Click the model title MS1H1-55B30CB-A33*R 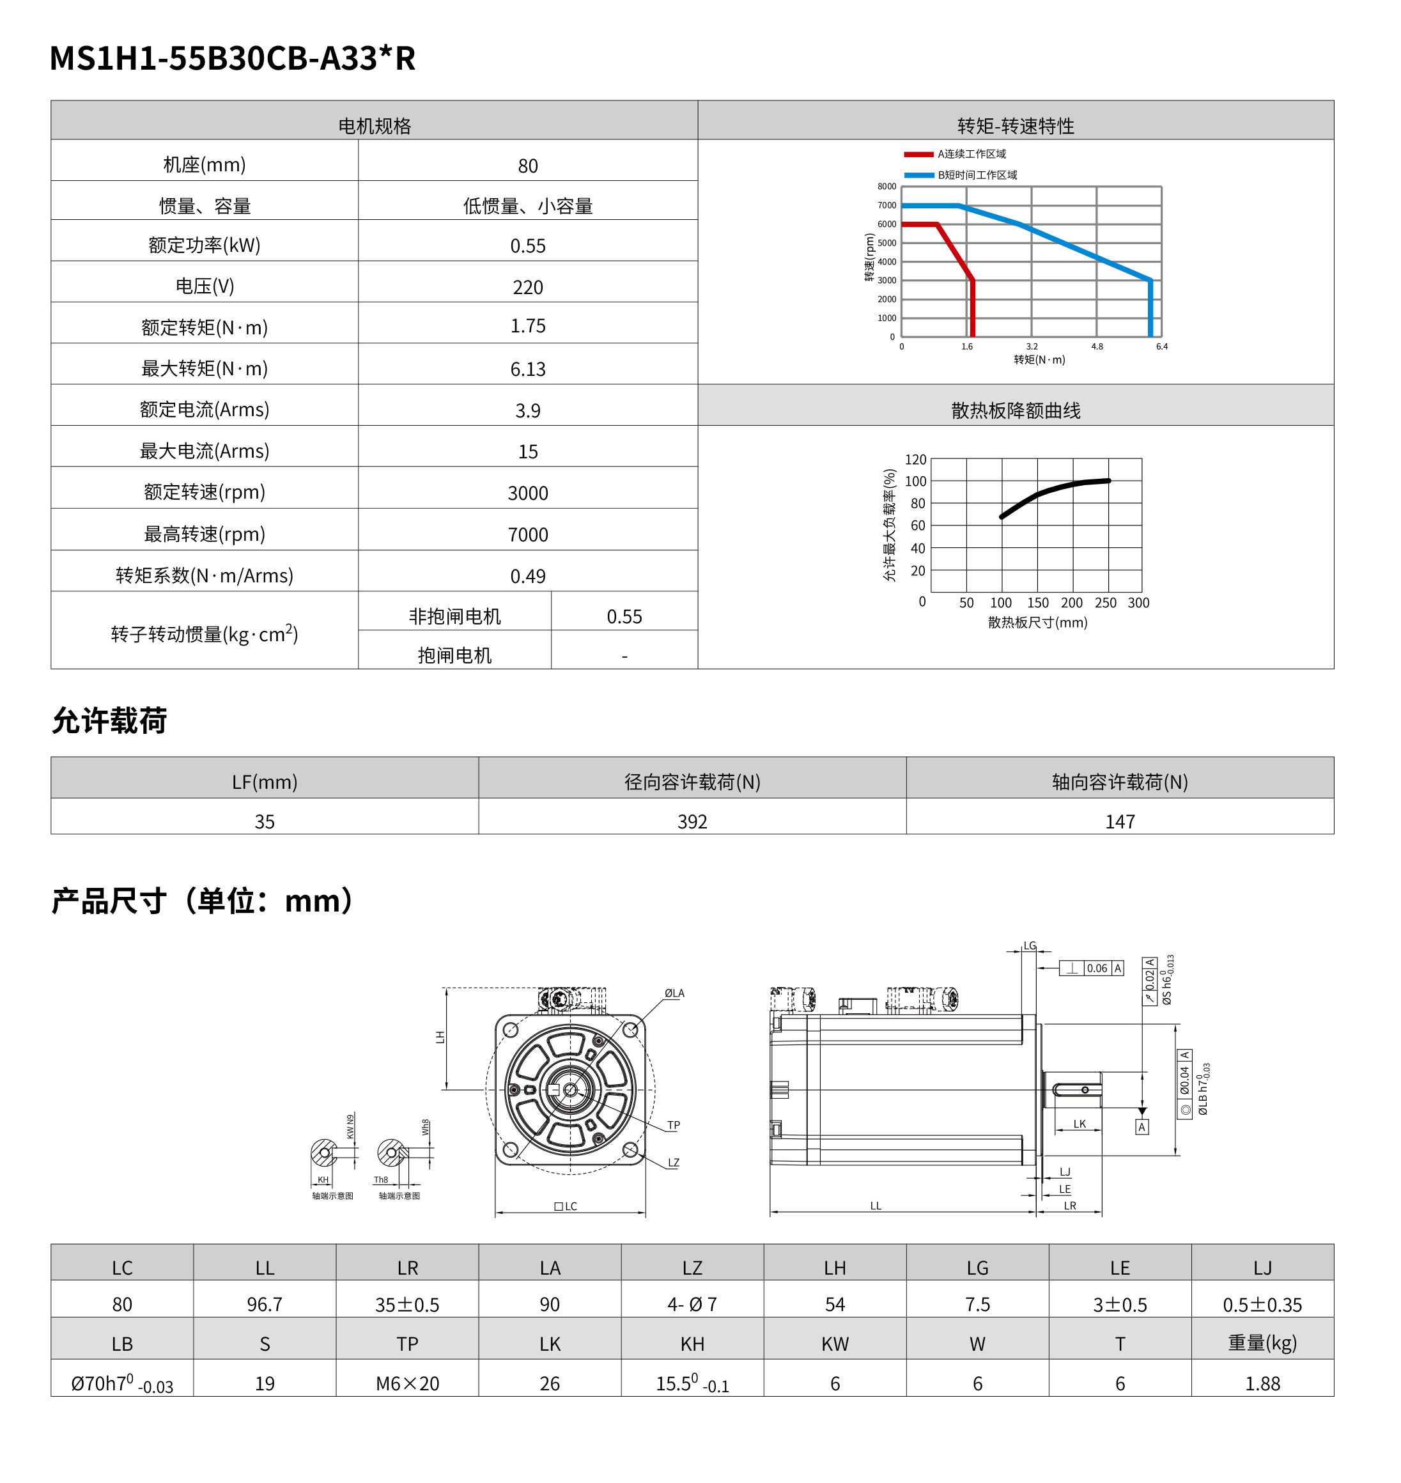[232, 58]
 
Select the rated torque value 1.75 [527, 326]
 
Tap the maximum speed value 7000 [527, 534]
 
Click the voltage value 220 [527, 288]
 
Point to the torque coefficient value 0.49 [527, 577]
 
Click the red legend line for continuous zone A [918, 155]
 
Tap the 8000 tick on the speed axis [886, 187]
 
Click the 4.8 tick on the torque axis [1096, 346]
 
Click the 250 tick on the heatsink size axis [1105, 603]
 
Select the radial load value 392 [692, 821]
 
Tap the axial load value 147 [1119, 821]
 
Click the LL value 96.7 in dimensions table [265, 1305]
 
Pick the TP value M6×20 [407, 1384]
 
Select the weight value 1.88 [1262, 1384]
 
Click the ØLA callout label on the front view [674, 993]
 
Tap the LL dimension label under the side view [875, 1205]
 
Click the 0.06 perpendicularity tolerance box [1096, 968]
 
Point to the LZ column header [692, 1268]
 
